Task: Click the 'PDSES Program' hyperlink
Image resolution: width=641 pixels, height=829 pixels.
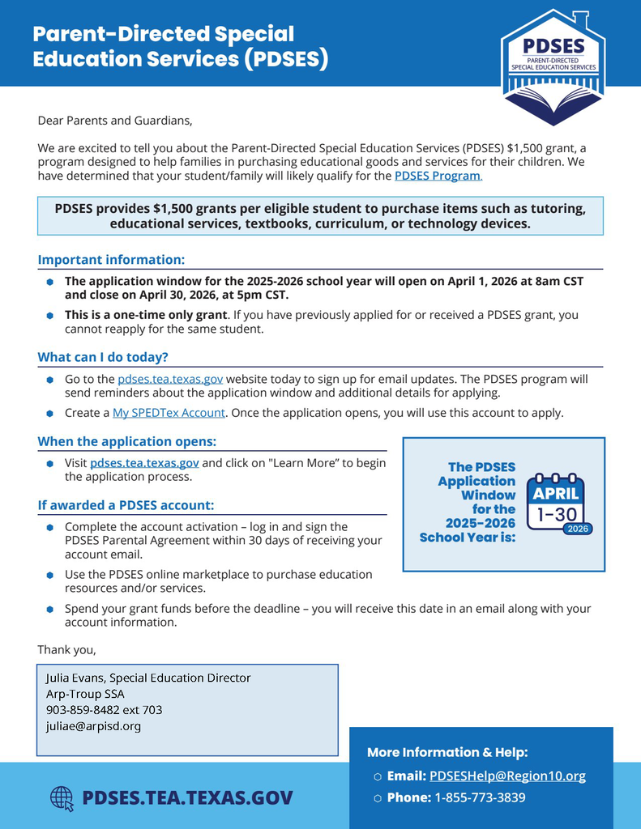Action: [438, 176]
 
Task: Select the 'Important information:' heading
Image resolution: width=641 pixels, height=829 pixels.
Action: [112, 260]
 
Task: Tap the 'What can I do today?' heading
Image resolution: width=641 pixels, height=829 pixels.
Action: [103, 357]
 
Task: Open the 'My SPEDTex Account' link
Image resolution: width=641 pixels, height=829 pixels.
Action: [169, 413]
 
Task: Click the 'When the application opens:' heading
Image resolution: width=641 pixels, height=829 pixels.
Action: [126, 442]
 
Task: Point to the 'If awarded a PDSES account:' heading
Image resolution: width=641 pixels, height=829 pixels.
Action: [126, 505]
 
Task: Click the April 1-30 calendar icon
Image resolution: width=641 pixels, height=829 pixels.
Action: [556, 503]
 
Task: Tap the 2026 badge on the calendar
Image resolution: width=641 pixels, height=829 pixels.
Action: [577, 529]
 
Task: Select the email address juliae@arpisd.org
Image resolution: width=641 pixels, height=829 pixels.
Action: [93, 726]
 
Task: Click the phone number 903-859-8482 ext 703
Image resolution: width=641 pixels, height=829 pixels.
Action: [104, 710]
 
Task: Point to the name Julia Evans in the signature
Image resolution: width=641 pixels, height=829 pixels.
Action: [75, 678]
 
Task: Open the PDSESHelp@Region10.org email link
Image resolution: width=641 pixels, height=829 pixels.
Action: [507, 776]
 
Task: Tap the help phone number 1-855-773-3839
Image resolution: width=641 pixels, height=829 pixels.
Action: [480, 797]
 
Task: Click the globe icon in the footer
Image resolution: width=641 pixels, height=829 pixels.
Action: [62, 798]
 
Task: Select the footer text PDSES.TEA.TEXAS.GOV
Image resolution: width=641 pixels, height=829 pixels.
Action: [187, 798]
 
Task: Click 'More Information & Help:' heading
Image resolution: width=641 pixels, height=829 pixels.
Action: [447, 752]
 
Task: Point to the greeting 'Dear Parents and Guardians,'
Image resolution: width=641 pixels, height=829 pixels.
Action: [116, 121]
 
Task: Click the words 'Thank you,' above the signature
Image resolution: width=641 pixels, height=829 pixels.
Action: [66, 649]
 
